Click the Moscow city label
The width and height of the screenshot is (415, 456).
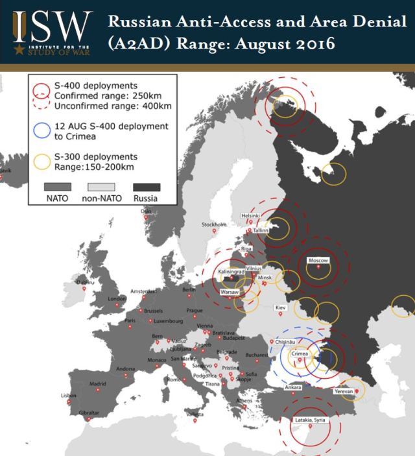tap(318, 260)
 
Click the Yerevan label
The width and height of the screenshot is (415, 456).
tap(344, 392)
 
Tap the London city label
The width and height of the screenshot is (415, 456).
tap(116, 299)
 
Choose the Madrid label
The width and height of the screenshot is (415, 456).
tap(97, 383)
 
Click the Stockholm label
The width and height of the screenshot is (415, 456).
tap(214, 225)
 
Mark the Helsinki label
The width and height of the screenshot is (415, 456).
tap(250, 215)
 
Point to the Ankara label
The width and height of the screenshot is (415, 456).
tap(293, 388)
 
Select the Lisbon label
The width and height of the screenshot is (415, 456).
tap(68, 395)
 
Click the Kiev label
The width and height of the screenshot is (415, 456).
tap(280, 306)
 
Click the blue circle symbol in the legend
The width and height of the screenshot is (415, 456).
tap(41, 130)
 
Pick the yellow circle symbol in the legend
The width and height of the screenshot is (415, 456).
tap(41, 161)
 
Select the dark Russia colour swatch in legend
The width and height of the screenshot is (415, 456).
tap(145, 187)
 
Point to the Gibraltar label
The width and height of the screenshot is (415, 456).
tap(89, 413)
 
